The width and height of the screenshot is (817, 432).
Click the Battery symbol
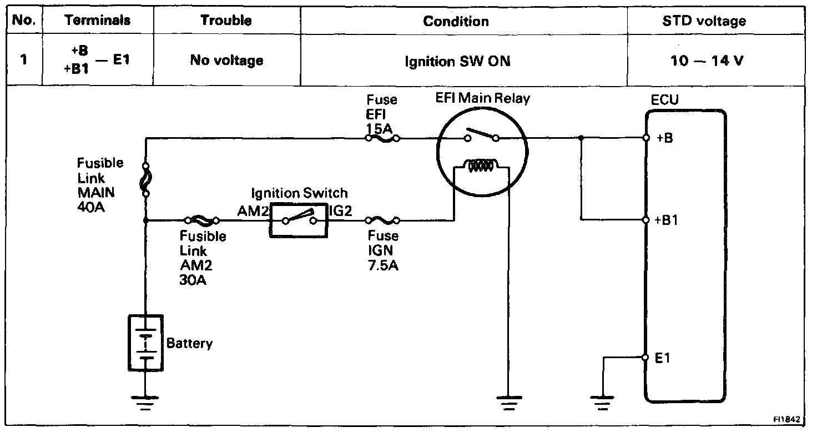click(x=145, y=343)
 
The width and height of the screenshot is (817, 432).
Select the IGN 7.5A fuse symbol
click(x=382, y=220)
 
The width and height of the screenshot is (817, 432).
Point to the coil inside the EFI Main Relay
click(x=481, y=165)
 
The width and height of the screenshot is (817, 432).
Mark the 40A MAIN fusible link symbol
click(x=146, y=179)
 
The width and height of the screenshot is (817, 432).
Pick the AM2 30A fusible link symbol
click(x=201, y=220)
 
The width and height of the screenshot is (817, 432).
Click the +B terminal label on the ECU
click(x=664, y=138)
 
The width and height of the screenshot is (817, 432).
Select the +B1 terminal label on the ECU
click(x=667, y=220)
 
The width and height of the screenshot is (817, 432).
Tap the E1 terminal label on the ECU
click(x=662, y=358)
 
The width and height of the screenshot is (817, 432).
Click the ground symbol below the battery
click(x=145, y=403)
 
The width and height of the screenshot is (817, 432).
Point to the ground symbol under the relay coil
click(x=509, y=403)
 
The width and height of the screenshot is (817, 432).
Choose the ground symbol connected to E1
click(x=603, y=403)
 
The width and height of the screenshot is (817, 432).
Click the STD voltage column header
click(x=704, y=21)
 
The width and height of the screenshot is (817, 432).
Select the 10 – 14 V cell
click(x=707, y=61)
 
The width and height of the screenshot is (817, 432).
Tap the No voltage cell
click(x=226, y=60)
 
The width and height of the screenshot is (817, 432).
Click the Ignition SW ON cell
click(x=457, y=61)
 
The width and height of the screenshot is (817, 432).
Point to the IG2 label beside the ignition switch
click(x=341, y=211)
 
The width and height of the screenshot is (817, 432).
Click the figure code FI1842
click(x=786, y=420)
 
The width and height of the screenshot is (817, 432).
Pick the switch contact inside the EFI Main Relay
click(x=481, y=135)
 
